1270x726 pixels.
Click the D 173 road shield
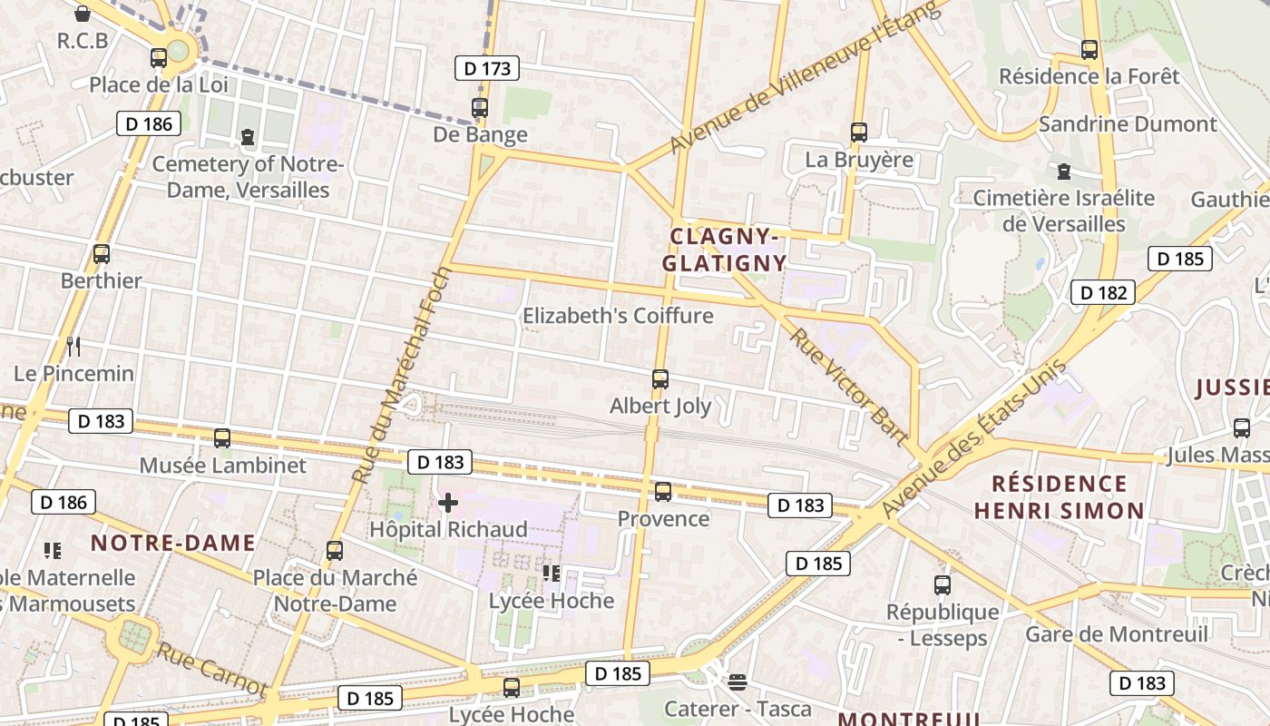[x=486, y=68]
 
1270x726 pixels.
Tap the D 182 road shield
[x=1103, y=292]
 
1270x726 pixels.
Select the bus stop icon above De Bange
[x=480, y=107]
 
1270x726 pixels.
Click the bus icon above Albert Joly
[x=660, y=379]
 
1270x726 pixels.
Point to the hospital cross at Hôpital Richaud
[x=448, y=503]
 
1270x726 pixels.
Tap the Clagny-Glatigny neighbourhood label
[x=725, y=250]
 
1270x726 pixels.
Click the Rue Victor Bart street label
[x=848, y=387]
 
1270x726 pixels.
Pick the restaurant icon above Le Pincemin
[x=73, y=346]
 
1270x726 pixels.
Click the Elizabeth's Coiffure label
[x=618, y=316]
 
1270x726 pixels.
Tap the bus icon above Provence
[x=663, y=492]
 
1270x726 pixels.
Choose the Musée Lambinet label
[x=222, y=466]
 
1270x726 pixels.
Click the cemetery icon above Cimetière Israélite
[x=1064, y=171]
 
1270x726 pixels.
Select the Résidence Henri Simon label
[x=1059, y=496]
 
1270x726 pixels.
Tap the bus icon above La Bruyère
[x=859, y=132]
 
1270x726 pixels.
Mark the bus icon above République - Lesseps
[x=943, y=585]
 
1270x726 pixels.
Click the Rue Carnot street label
[x=211, y=670]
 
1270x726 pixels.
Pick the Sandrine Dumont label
[x=1128, y=123]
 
